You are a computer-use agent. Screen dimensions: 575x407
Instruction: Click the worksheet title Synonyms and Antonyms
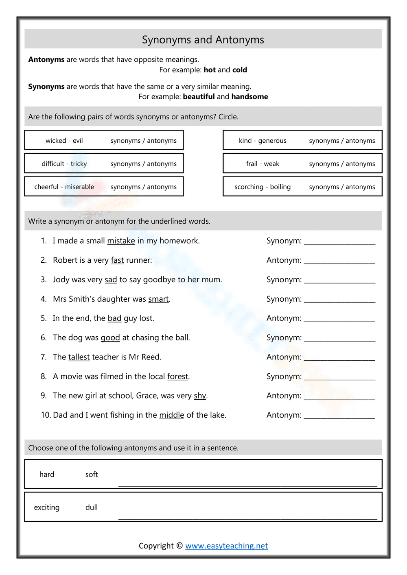point(203,39)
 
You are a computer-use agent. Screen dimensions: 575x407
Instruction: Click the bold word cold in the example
point(240,70)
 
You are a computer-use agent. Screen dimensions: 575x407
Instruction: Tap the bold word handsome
point(249,96)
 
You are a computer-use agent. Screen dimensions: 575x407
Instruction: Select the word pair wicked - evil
point(64,140)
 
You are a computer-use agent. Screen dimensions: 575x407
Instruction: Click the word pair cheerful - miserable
point(64,187)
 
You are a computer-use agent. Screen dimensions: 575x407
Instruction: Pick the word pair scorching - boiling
point(263,187)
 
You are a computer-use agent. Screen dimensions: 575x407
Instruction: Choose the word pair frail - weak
point(263,163)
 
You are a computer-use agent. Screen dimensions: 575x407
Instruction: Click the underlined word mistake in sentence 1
point(121,241)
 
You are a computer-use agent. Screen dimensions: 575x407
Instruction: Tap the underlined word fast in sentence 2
point(117,260)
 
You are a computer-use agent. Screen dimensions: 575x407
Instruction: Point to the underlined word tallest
point(79,357)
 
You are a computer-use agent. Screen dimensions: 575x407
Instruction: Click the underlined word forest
point(178,377)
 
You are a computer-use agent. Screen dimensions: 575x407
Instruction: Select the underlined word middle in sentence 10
point(171,415)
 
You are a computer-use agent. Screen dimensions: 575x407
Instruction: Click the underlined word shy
point(200,396)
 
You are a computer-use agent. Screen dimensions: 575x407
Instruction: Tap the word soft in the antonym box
point(92,474)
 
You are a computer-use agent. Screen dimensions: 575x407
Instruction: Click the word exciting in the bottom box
point(47,507)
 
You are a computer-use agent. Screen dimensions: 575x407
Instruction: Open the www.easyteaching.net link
point(226,546)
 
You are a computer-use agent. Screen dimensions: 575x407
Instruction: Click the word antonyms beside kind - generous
point(360,140)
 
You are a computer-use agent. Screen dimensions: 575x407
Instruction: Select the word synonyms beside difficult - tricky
point(125,163)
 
